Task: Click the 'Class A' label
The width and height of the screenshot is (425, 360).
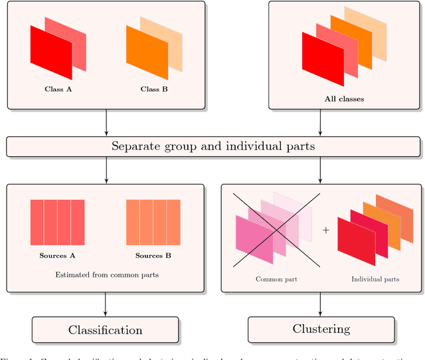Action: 58,89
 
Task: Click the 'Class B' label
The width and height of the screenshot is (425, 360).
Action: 154,89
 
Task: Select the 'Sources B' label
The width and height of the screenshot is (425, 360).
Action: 153,256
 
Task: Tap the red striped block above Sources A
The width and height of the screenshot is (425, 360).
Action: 58,223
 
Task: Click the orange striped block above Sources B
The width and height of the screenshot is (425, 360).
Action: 153,223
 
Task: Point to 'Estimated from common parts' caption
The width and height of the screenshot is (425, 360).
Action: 106,274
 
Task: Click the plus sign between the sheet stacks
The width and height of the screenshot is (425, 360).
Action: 326,230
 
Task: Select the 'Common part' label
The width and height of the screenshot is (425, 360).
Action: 276,279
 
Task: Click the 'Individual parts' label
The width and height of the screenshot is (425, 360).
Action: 375,279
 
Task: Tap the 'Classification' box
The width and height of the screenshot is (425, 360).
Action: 106,329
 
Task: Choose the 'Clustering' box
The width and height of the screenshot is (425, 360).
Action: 321,329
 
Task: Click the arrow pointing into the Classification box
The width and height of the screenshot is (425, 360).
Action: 106,305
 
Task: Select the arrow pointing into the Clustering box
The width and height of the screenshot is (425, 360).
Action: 321,305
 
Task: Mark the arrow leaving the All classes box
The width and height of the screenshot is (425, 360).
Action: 321,123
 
